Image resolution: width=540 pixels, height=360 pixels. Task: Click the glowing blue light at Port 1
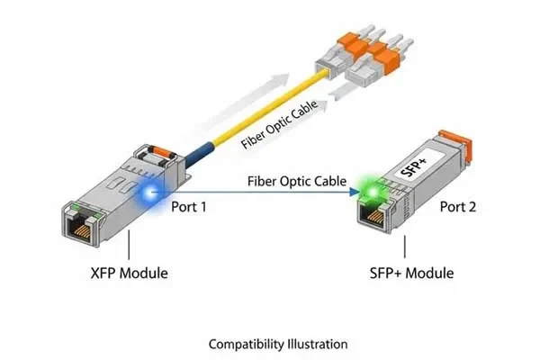pos(148,191)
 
